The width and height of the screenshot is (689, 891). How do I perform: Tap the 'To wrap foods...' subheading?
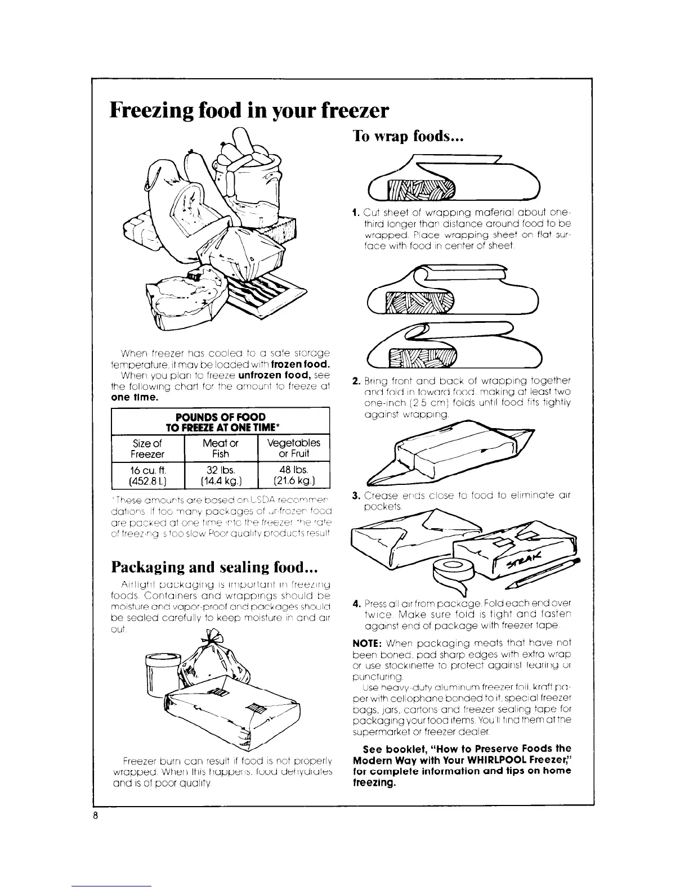tap(407, 137)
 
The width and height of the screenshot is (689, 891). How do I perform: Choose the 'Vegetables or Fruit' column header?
tap(293, 448)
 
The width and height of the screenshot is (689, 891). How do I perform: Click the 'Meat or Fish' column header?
tap(221, 448)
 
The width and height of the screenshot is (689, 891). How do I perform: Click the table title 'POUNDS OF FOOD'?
tap(220, 416)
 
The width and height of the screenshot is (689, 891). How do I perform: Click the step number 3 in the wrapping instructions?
tap(355, 496)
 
